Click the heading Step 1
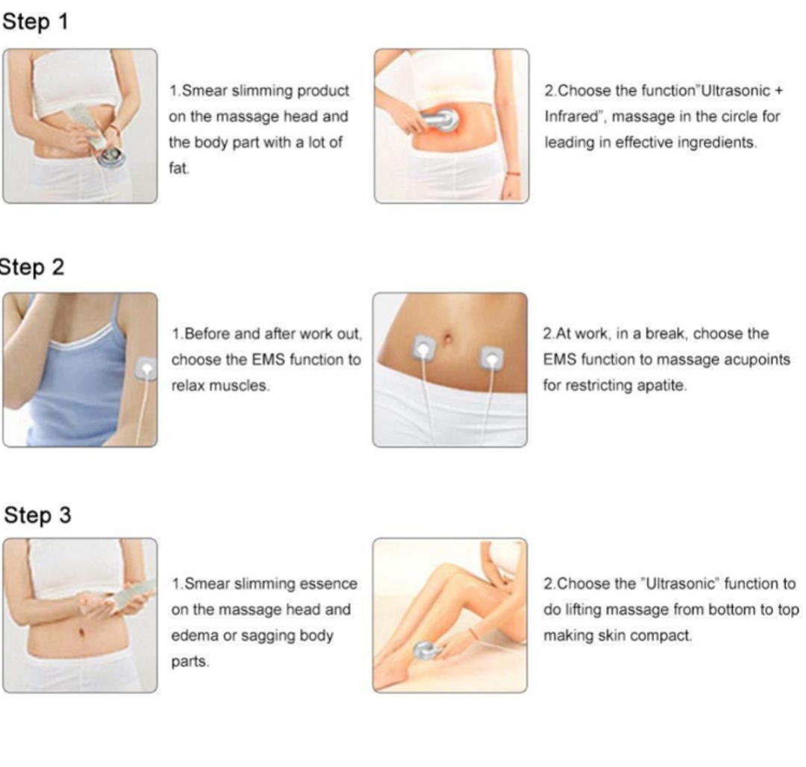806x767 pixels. [35, 22]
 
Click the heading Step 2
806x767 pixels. [32, 267]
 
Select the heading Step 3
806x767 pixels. [37, 516]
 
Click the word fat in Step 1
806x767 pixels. [179, 168]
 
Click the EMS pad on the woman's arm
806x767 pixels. [146, 369]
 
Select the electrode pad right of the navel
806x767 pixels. [491, 359]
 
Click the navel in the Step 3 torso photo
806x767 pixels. [81, 631]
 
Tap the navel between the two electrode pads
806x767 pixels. [447, 339]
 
